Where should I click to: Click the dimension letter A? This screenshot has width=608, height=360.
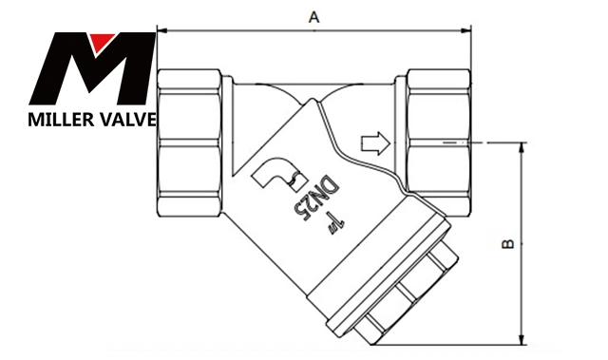[314, 17]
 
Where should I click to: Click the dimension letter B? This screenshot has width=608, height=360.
[508, 244]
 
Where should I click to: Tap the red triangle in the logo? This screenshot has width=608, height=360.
[102, 43]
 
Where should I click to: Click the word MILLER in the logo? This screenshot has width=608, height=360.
[61, 120]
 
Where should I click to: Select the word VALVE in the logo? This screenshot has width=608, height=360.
[129, 120]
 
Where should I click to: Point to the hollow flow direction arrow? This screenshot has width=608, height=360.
[375, 143]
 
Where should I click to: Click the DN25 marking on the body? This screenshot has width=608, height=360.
[318, 198]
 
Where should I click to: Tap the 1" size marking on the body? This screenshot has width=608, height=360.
[335, 223]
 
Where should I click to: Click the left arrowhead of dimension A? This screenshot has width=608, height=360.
[161, 29]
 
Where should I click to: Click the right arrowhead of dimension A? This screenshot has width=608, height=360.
[466, 29]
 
